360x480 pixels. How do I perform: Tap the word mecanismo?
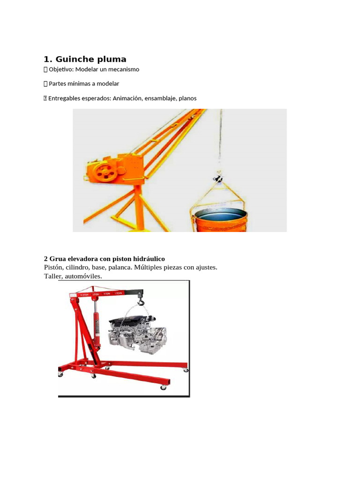click(x=124, y=69)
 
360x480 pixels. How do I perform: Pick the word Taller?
click(x=53, y=277)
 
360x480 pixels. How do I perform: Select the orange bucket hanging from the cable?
click(x=220, y=219)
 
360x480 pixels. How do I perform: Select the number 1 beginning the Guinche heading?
click(x=46, y=59)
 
